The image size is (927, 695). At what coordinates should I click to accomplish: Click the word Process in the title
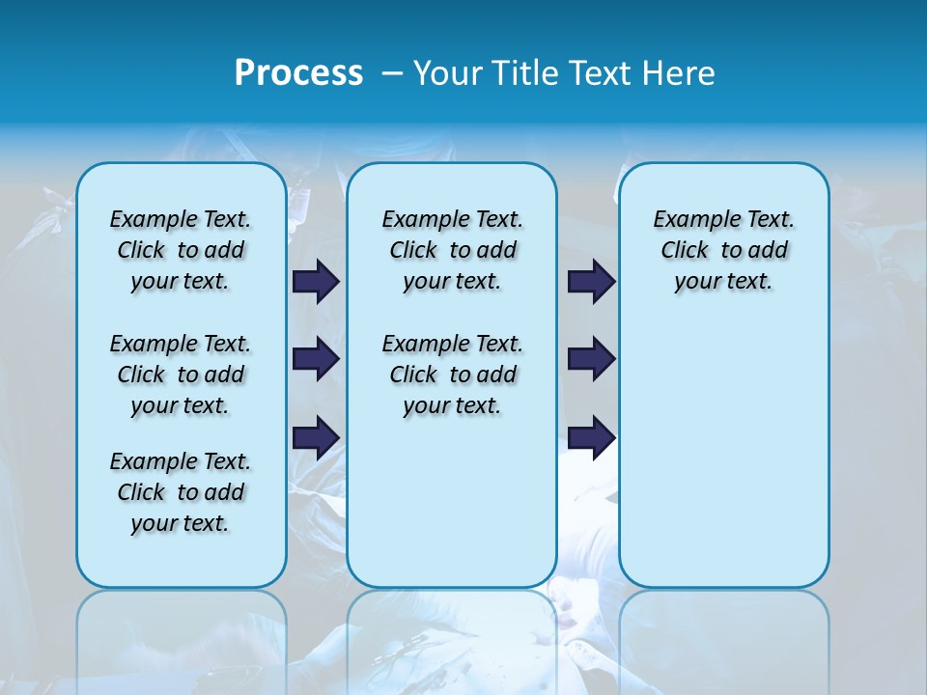[298, 73]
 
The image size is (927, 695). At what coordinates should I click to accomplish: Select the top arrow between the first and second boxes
[316, 282]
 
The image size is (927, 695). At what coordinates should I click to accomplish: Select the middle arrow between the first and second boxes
[316, 359]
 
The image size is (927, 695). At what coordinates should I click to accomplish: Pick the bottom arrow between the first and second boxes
[316, 437]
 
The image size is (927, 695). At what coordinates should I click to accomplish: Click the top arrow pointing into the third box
[591, 282]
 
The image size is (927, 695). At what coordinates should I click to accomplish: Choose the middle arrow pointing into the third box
[591, 359]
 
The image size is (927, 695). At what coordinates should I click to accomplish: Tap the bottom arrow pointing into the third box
[591, 437]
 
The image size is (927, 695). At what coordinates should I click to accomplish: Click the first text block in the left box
[181, 250]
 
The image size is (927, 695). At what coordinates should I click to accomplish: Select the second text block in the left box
[181, 375]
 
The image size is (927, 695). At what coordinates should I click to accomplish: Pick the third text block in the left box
[181, 492]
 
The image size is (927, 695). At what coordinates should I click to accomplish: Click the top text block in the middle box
[452, 250]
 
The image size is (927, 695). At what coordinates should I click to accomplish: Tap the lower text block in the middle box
[452, 375]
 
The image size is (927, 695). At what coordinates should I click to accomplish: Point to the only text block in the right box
[723, 250]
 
